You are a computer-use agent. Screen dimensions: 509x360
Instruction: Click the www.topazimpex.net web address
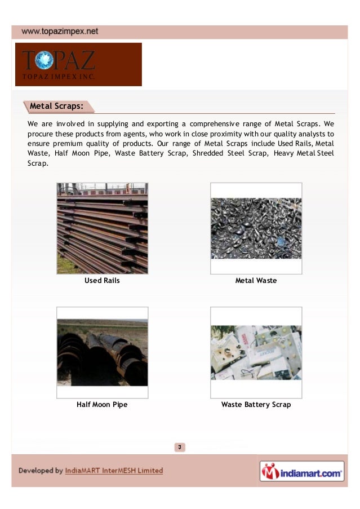(x=59, y=32)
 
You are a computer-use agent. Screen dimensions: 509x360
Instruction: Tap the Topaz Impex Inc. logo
(x=78, y=64)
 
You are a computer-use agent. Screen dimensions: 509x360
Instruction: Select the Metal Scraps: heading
(x=56, y=106)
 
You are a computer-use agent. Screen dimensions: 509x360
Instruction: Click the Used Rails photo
(x=102, y=228)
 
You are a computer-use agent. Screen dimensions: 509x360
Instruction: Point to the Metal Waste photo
(x=256, y=228)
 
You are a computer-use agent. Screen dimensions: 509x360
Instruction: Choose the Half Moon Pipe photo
(x=102, y=352)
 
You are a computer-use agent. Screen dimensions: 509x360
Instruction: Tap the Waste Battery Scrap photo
(x=256, y=352)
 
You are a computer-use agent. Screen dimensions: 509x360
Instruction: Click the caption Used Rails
(x=102, y=280)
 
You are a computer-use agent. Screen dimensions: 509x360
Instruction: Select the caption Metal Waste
(x=256, y=280)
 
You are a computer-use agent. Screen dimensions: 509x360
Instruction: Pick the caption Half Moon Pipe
(x=102, y=404)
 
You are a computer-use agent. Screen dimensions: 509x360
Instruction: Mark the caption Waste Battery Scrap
(x=256, y=404)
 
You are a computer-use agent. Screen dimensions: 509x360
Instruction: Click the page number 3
(x=180, y=448)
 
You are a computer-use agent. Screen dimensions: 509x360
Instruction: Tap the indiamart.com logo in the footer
(x=301, y=471)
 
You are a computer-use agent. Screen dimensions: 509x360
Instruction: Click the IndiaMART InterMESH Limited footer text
(x=114, y=471)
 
